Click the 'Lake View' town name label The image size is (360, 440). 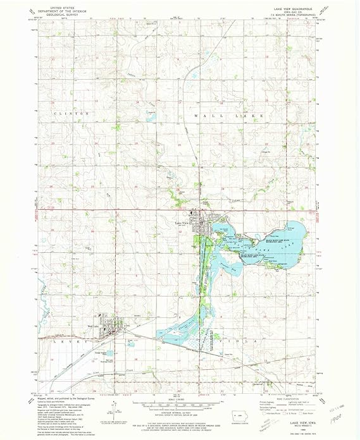point(182,223)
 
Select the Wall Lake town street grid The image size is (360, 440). point(108,328)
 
